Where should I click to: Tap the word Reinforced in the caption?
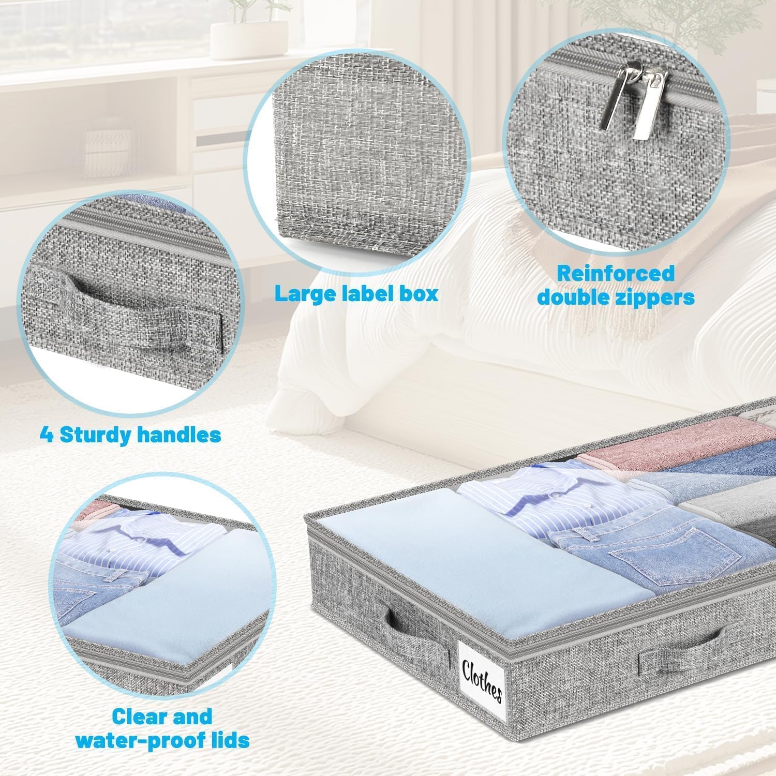[615, 274]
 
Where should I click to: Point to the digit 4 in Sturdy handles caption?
[47, 435]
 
